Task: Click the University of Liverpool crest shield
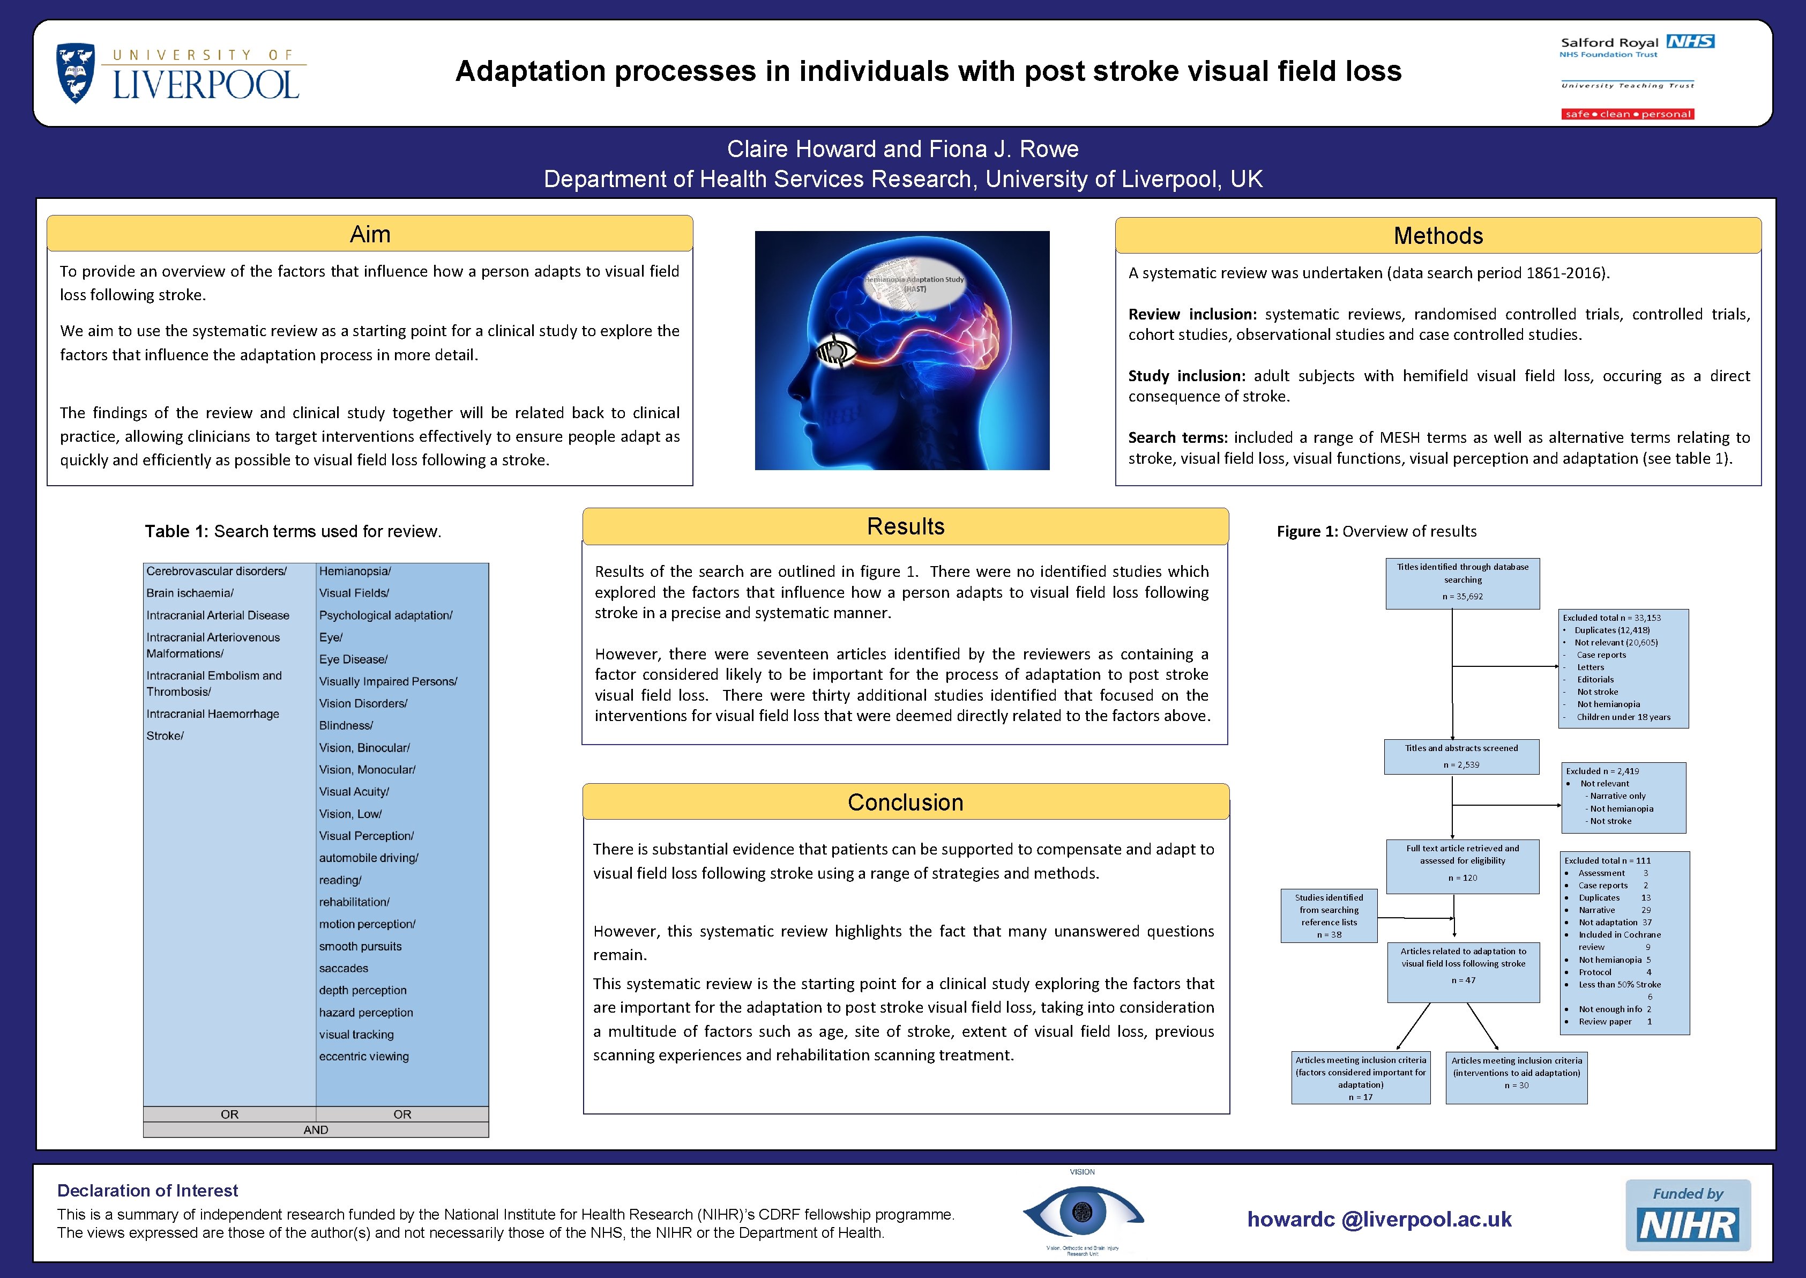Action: pyautogui.click(x=76, y=73)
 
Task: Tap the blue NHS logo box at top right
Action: pyautogui.click(x=1690, y=42)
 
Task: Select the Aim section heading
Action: pyautogui.click(x=370, y=234)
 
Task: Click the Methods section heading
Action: pyautogui.click(x=1438, y=236)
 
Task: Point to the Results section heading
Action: pyautogui.click(x=905, y=526)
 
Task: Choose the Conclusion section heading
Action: pyautogui.click(x=905, y=802)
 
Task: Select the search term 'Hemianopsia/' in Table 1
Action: pyautogui.click(x=355, y=571)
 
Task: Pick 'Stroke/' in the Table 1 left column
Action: pyautogui.click(x=165, y=736)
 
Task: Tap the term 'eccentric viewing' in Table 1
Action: pyautogui.click(x=364, y=1056)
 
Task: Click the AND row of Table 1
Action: pyautogui.click(x=316, y=1130)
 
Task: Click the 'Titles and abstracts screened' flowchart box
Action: pyautogui.click(x=1461, y=756)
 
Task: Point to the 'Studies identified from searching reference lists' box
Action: pyautogui.click(x=1329, y=916)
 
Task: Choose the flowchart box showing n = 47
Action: pyautogui.click(x=1463, y=972)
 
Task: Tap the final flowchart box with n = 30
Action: pyautogui.click(x=1516, y=1078)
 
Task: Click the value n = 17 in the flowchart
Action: pyautogui.click(x=1360, y=1097)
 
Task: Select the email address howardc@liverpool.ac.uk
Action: pyautogui.click(x=1379, y=1219)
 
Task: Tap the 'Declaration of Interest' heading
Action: pyautogui.click(x=148, y=1191)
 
